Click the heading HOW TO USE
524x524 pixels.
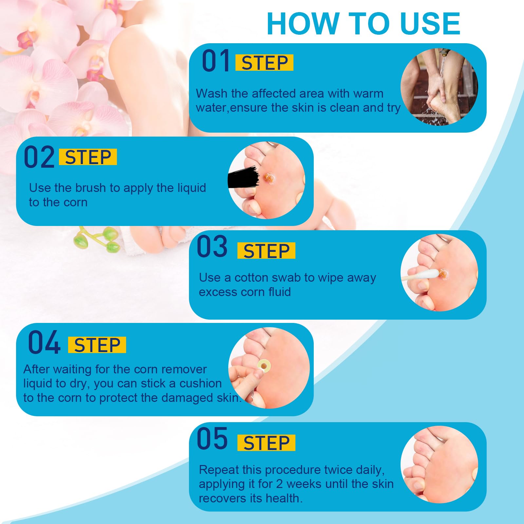point(364,24)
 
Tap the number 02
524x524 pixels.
point(39,158)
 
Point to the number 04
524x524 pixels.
point(44,343)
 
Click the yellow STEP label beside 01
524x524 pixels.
point(264,63)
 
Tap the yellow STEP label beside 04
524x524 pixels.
point(97,345)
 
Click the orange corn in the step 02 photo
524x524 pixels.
point(270,178)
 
